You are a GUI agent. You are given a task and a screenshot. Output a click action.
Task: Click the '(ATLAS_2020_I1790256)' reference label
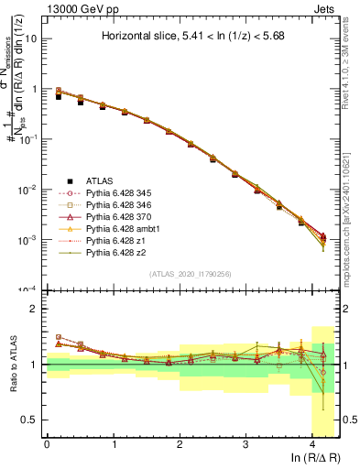[191, 274]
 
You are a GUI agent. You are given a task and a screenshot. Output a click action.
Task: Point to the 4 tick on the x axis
[311, 444]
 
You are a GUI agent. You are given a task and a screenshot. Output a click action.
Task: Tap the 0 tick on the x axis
[47, 444]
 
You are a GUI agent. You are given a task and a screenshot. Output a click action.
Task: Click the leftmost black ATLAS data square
[59, 94]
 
